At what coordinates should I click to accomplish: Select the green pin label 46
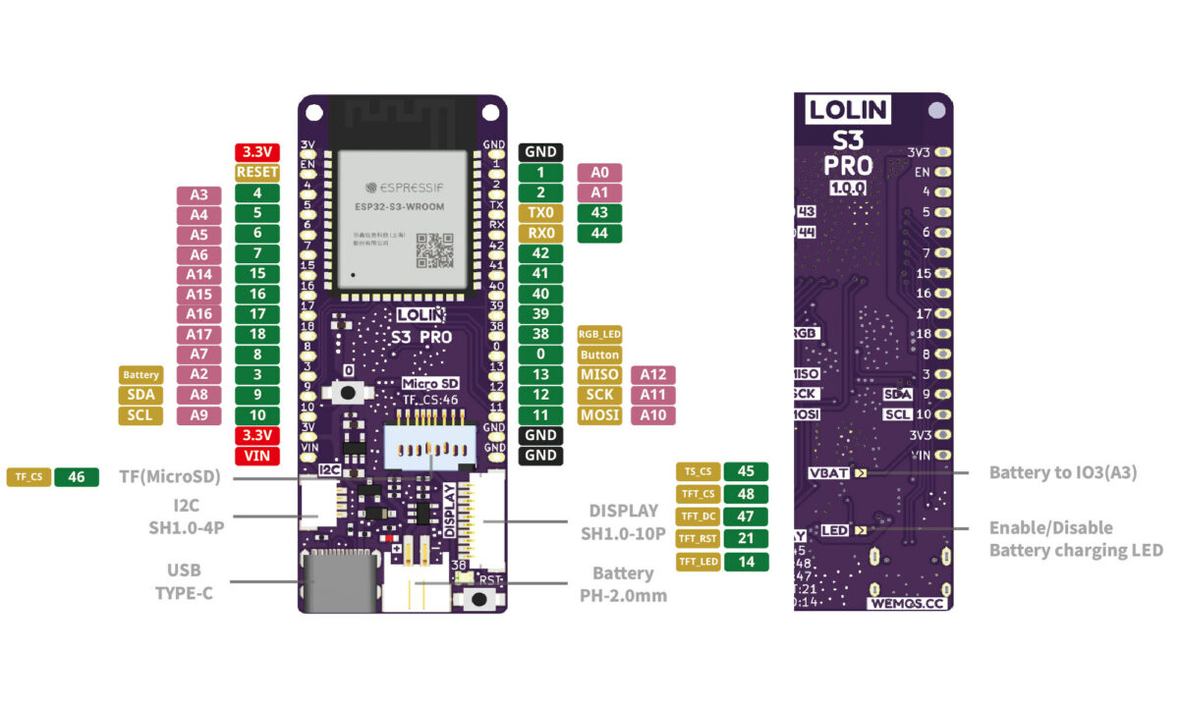[77, 477]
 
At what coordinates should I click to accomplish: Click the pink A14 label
[198, 273]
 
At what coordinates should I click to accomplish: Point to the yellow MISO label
[599, 374]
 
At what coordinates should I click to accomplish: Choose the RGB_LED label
[599, 334]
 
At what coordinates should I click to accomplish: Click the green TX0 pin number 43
[599, 212]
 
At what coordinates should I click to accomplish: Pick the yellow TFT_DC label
[698, 516]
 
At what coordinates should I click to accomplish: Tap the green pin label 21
[746, 538]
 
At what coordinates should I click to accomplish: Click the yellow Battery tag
[141, 374]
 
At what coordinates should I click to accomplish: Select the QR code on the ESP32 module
[434, 250]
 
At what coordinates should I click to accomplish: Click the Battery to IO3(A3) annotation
[1062, 473]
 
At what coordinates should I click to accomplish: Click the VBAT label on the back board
[828, 473]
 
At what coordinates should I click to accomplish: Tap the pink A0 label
[599, 172]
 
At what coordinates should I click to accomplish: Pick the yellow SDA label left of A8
[141, 395]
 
